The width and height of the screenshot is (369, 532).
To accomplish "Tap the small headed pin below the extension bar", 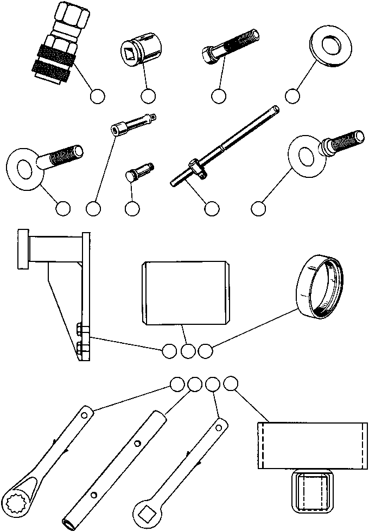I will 140,171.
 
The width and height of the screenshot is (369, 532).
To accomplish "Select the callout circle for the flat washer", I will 292,96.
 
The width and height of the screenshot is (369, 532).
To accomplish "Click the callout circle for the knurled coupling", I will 97,96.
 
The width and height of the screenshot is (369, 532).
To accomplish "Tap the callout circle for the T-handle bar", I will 211,208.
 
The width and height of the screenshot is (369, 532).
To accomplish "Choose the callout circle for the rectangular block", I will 231,383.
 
